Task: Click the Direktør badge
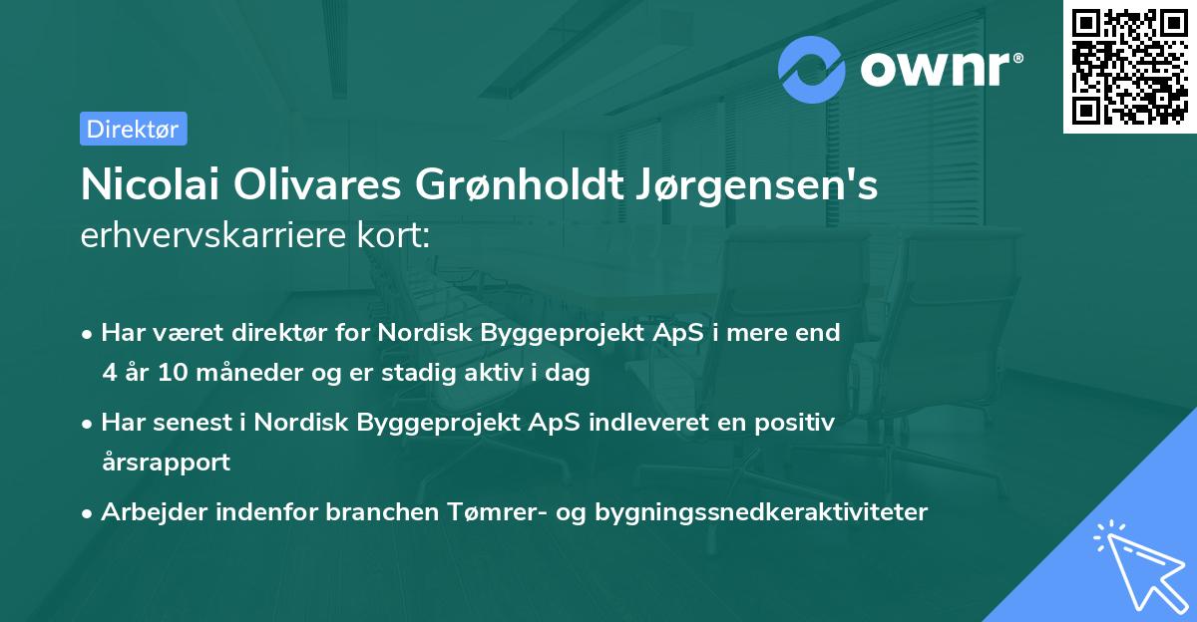point(133,129)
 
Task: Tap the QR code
point(1130,67)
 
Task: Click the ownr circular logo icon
point(812,69)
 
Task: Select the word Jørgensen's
point(758,186)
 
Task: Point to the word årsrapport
point(166,463)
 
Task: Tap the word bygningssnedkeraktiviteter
point(761,512)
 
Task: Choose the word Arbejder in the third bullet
point(145,512)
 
